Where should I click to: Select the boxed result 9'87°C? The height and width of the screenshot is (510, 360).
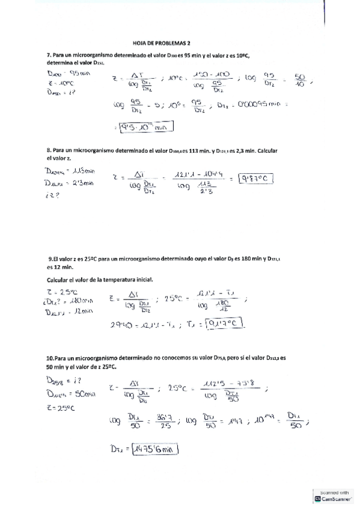256,178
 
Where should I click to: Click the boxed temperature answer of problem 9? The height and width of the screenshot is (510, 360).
227,324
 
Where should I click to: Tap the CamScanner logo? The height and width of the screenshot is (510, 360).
318,499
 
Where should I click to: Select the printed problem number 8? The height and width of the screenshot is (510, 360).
48,150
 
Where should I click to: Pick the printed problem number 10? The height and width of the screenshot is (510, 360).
50,357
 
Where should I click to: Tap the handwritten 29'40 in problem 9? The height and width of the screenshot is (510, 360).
121,325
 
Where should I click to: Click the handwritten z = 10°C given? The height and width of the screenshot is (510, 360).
59,84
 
